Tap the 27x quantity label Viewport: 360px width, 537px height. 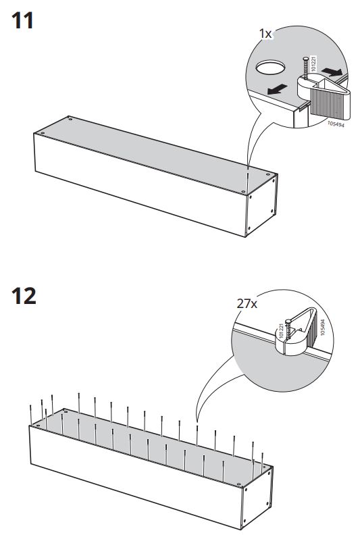(x=247, y=305)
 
